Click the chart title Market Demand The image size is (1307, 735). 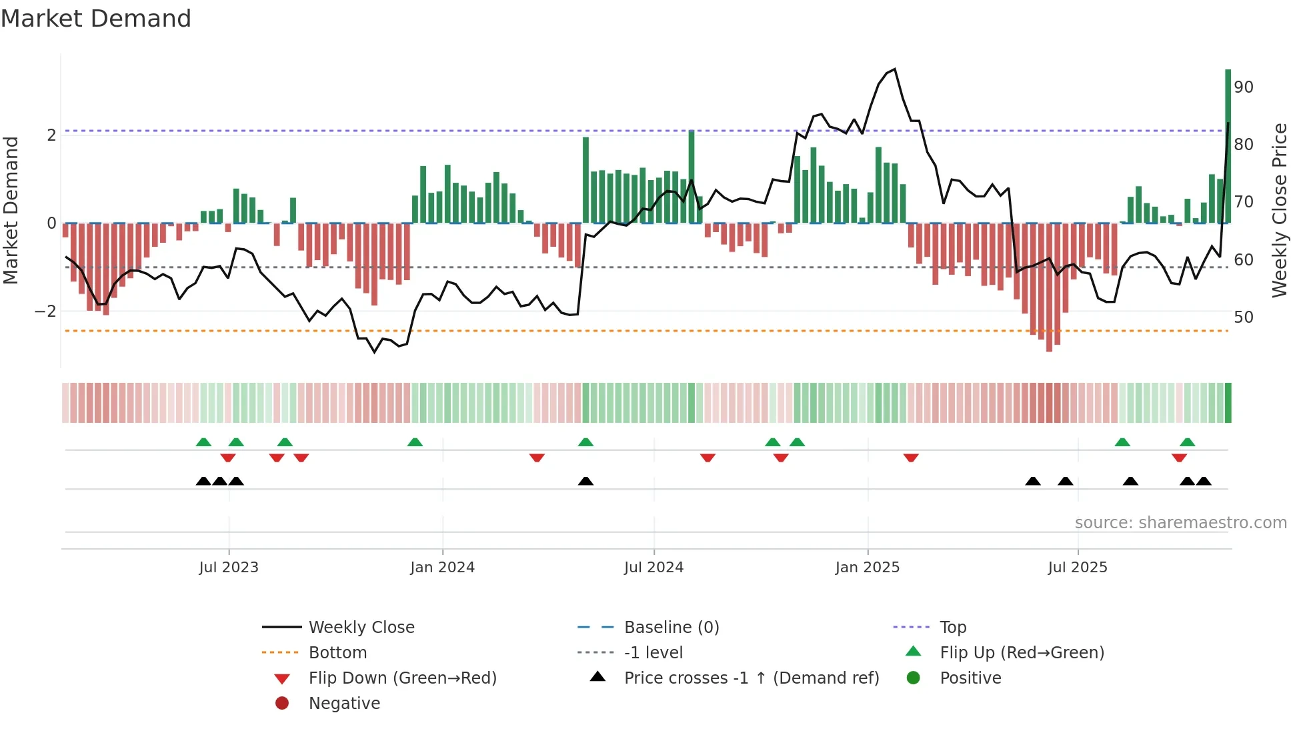(x=96, y=19)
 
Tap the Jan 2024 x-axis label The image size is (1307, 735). (x=442, y=568)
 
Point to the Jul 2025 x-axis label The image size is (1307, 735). (x=1077, y=568)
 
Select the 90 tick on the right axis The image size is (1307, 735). (x=1244, y=87)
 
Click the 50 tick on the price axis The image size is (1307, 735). (x=1244, y=317)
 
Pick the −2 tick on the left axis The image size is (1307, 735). (x=45, y=311)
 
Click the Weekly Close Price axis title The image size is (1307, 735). (x=1279, y=210)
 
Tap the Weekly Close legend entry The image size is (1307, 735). (x=361, y=628)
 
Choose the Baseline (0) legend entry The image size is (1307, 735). (x=671, y=628)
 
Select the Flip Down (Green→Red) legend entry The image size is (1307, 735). (x=402, y=678)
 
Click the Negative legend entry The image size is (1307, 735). (x=344, y=704)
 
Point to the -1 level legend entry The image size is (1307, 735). (x=653, y=653)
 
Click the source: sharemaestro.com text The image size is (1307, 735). (x=1180, y=523)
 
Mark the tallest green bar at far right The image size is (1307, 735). (x=1228, y=147)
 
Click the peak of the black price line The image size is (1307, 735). (x=894, y=69)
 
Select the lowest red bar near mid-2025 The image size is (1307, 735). (x=1049, y=287)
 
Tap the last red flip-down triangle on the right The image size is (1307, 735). (x=1179, y=458)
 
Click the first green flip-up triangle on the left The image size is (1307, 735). (x=203, y=442)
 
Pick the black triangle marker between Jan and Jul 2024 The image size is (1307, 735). (x=585, y=481)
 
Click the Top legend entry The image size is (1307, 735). (x=952, y=628)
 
